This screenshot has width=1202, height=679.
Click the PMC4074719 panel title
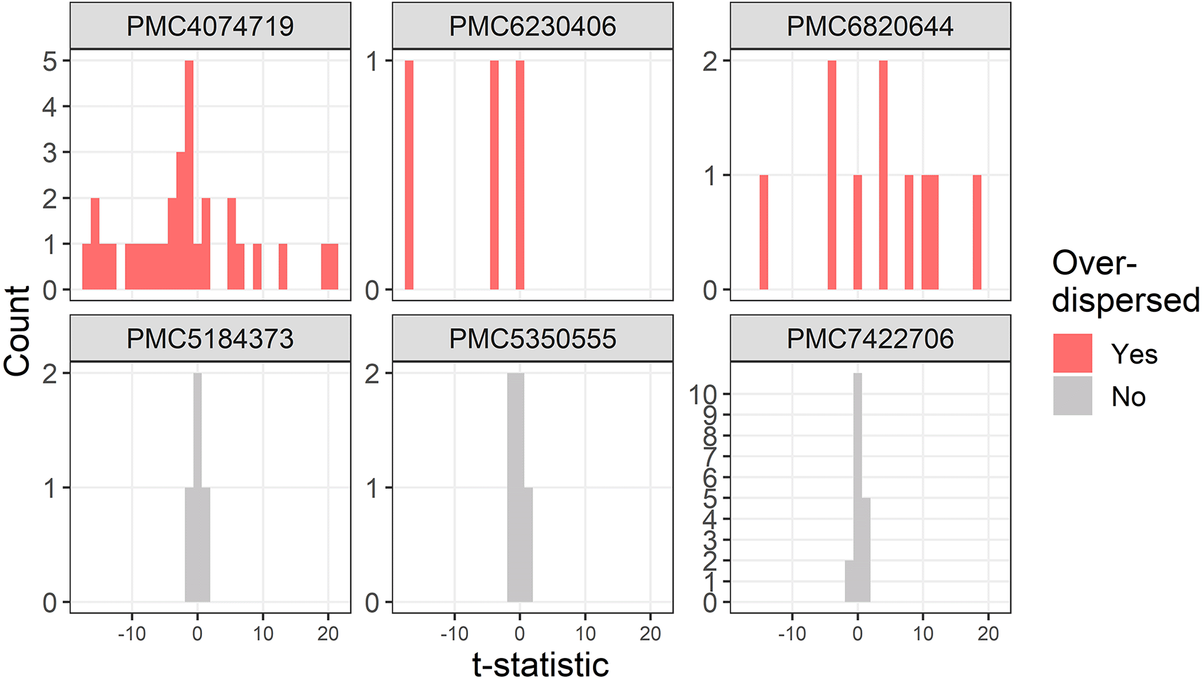tap(210, 27)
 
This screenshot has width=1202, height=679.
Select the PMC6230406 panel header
tap(533, 27)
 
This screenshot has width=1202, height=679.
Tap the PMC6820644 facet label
tap(870, 27)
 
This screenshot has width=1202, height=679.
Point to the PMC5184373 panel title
tap(210, 339)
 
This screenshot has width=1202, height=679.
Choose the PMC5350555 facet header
tap(533, 339)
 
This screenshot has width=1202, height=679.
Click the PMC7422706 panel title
tap(870, 339)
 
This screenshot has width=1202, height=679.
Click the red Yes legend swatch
tap(1072, 353)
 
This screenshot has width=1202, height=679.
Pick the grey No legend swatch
tap(1072, 396)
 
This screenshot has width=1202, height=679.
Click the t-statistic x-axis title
tap(540, 664)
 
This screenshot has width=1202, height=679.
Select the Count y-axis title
tap(17, 330)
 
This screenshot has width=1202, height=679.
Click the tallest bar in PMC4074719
tap(189, 176)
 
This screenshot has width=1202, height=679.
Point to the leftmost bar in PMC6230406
tap(409, 176)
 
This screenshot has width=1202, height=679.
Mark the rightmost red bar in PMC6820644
tap(977, 232)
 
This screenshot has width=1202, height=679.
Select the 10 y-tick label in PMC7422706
tap(703, 395)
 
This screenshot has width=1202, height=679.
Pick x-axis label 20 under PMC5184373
tap(328, 634)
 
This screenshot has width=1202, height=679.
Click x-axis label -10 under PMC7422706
tap(792, 634)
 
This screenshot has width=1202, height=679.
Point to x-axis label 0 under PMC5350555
tap(519, 634)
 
